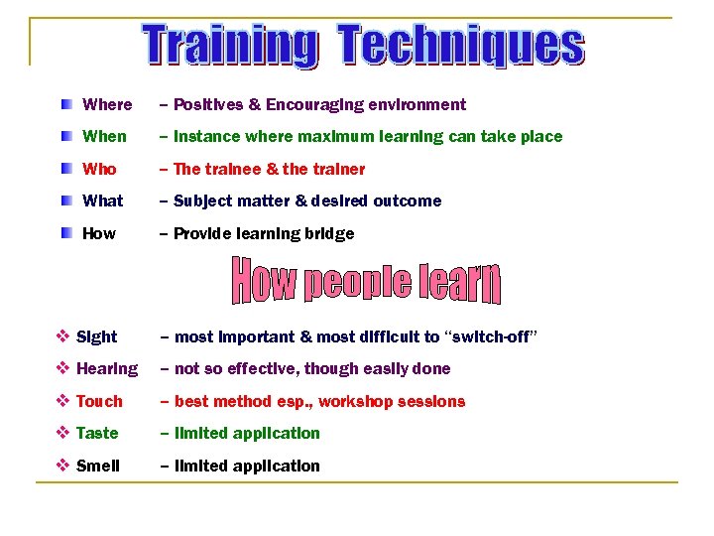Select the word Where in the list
(107, 104)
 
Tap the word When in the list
(104, 136)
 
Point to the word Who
(99, 169)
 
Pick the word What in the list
(103, 201)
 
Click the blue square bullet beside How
(65, 233)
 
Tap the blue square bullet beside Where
(65, 104)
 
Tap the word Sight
(96, 336)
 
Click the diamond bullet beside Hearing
(62, 368)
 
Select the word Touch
(99, 401)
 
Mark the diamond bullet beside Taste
(62, 433)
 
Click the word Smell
(97, 466)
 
